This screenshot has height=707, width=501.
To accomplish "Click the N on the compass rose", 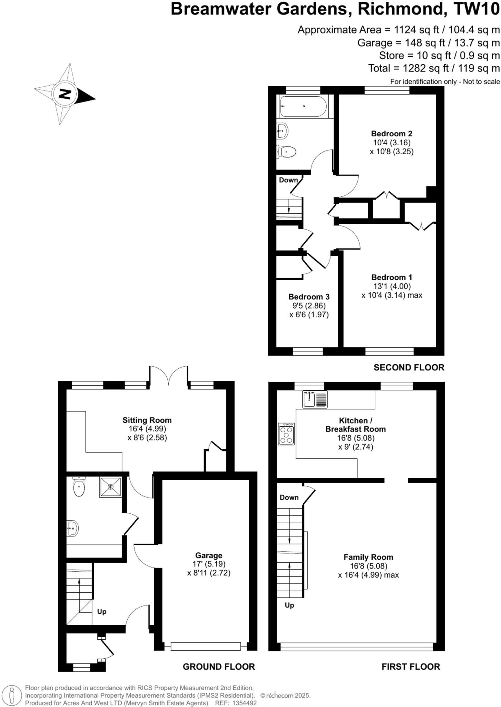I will [65, 94].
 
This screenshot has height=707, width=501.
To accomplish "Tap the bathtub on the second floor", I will [303, 106].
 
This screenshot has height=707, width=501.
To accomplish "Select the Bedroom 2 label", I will [392, 134].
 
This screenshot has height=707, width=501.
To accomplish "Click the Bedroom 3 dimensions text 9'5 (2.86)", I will [309, 306].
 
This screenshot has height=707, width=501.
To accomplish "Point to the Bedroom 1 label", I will [392, 277].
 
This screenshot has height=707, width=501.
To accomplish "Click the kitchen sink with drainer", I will [315, 399].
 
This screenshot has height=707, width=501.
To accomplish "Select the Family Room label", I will [368, 557].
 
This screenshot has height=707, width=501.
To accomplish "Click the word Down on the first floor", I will [289, 497].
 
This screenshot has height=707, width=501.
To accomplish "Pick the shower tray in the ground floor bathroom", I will [110, 487].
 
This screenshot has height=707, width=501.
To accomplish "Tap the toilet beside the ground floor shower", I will [79, 487].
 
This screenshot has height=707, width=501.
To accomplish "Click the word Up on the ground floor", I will [102, 611].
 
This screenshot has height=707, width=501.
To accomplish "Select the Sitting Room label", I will [147, 420].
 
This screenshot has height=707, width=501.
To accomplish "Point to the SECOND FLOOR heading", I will [409, 367].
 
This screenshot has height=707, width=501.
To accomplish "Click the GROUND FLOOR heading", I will [219, 667].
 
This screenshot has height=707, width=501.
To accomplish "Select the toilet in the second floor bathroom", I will [287, 151].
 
